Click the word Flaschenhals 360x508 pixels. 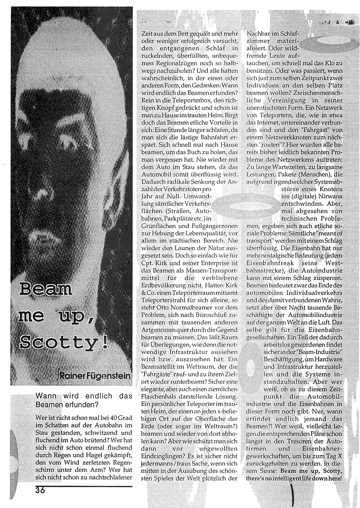(158, 396)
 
